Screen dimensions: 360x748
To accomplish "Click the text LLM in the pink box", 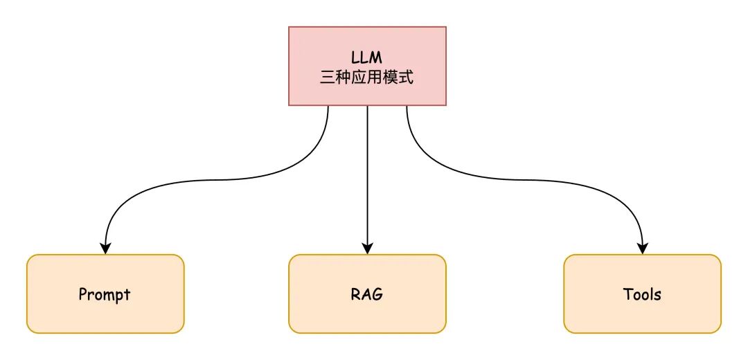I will (367, 57).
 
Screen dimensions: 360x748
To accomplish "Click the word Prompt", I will (105, 294).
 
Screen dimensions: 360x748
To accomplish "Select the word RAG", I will (367, 294).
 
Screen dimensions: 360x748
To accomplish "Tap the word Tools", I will (642, 294).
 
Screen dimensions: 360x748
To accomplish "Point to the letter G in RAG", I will (377, 294).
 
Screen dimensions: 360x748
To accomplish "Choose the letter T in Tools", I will (627, 294).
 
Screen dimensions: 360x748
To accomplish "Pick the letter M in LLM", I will (376, 57).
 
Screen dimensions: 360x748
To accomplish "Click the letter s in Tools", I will (657, 295).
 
